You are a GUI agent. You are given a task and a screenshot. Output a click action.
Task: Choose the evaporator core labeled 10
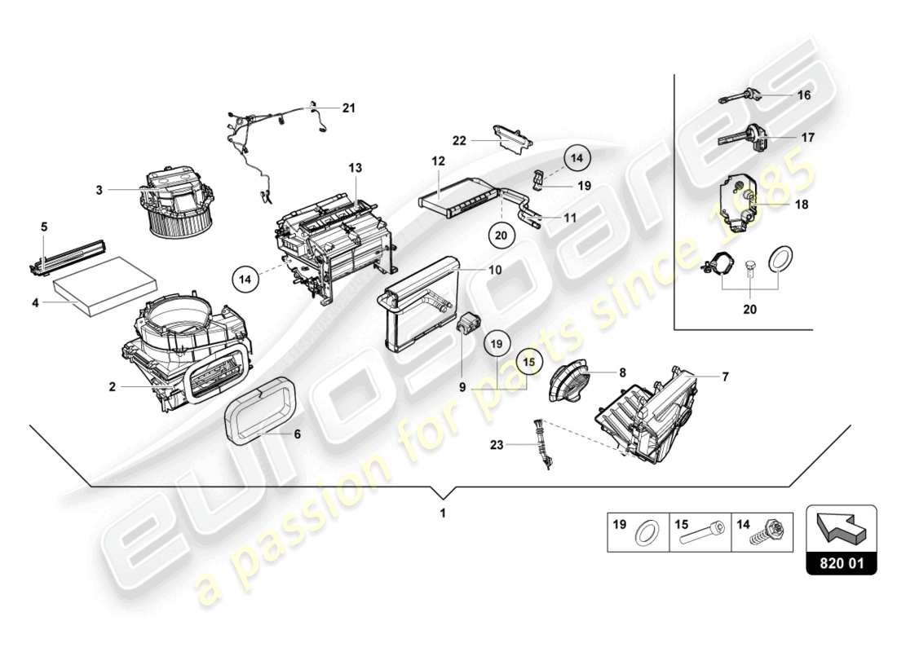[418, 297]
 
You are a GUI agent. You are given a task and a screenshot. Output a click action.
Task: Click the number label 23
[497, 445]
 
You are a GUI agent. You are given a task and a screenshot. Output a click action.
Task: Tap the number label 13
[356, 167]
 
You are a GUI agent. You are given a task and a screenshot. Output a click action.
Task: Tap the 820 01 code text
[841, 561]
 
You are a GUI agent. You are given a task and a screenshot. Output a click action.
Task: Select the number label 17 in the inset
[807, 138]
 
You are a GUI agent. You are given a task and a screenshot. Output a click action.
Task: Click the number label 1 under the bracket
[443, 514]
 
